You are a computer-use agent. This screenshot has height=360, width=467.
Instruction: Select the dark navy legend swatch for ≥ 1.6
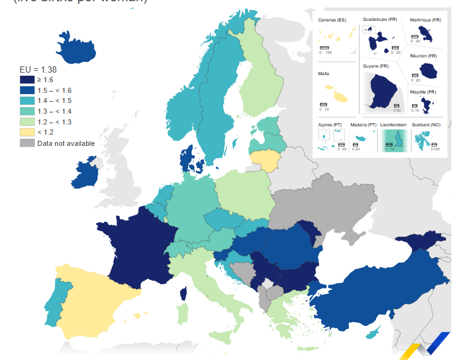pyautogui.click(x=27, y=80)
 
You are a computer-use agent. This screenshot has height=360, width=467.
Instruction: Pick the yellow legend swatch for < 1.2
pyautogui.click(x=27, y=132)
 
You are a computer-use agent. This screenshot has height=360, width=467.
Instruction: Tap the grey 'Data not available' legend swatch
pyautogui.click(x=27, y=143)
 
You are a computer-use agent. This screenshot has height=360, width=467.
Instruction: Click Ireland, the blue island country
pyautogui.click(x=86, y=174)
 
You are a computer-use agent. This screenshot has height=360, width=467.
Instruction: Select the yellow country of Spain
pyautogui.click(x=92, y=297)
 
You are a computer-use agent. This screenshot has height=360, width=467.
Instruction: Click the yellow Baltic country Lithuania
pyautogui.click(x=265, y=160)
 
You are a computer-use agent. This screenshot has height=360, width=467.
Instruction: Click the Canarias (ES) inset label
pyautogui.click(x=332, y=21)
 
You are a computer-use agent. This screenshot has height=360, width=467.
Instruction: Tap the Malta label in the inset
pyautogui.click(x=324, y=74)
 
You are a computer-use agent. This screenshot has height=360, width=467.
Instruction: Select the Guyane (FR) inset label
pyautogui.click(x=375, y=66)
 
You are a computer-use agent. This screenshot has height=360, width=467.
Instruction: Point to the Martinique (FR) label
pyautogui.click(x=425, y=20)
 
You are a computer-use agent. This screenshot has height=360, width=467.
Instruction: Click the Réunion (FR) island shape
pyautogui.click(x=426, y=69)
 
